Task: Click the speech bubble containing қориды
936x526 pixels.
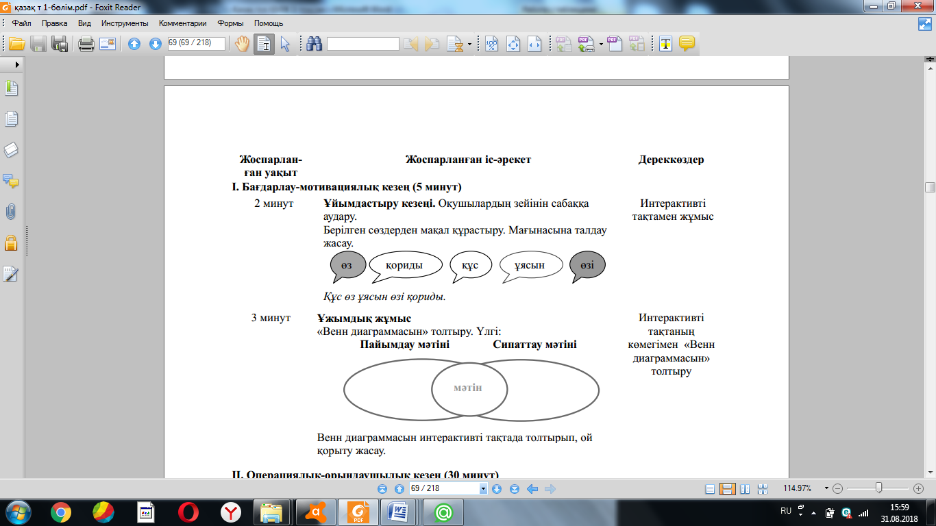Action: tap(405, 266)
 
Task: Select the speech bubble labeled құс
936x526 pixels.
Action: tap(471, 266)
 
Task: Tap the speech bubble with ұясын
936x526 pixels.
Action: tap(530, 266)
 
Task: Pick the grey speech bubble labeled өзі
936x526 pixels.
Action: tap(587, 265)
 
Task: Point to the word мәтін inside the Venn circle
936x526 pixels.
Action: tap(468, 388)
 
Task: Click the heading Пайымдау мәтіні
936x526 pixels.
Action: tap(405, 345)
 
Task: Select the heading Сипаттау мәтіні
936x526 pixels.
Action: tap(534, 345)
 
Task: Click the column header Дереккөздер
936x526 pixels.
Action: tap(671, 160)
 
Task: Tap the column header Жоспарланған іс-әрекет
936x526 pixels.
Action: tap(468, 160)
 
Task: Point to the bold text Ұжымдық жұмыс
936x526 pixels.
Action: tap(364, 318)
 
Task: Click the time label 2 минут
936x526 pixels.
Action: tap(274, 203)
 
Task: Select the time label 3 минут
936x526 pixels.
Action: tap(271, 318)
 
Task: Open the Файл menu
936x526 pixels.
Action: tap(21, 23)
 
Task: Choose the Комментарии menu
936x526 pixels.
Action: tap(182, 23)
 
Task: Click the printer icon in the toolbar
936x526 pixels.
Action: tap(86, 44)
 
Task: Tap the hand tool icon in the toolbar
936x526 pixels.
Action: tap(243, 44)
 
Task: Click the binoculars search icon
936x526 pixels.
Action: tap(315, 44)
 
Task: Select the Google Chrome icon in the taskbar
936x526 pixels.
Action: tap(61, 512)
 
